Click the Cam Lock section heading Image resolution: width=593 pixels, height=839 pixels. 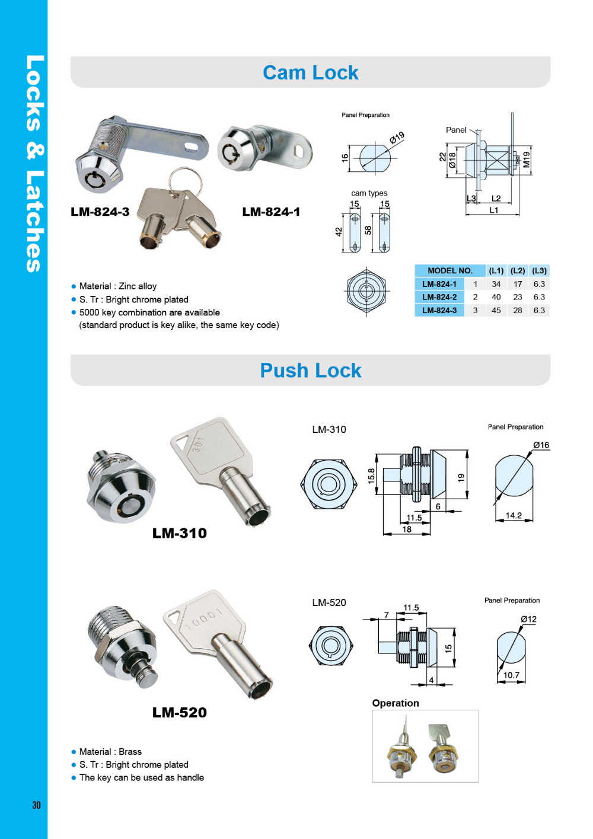tap(311, 72)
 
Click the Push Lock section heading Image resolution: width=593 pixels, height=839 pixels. tap(311, 371)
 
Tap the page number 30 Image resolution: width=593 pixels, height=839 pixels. tap(36, 805)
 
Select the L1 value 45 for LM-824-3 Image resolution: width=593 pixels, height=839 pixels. tap(496, 310)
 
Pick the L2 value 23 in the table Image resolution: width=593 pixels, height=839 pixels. tap(518, 297)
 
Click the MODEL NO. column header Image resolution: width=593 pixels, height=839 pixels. tap(450, 270)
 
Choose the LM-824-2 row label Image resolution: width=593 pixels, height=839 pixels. tap(439, 297)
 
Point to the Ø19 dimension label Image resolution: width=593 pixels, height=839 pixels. tap(397, 138)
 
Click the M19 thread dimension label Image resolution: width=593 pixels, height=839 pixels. tap(527, 159)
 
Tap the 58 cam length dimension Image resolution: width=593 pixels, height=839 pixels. tap(368, 230)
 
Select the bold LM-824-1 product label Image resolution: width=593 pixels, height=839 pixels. tap(271, 212)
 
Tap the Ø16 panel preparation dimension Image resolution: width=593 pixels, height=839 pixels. tap(541, 445)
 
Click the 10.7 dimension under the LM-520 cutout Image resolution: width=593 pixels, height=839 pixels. tap(511, 675)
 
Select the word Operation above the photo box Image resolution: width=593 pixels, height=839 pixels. tap(395, 703)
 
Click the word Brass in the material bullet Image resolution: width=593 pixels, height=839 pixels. tap(130, 751)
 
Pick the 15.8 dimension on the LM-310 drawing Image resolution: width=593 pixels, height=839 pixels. tap(371, 476)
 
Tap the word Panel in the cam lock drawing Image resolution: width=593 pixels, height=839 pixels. tap(456, 130)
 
